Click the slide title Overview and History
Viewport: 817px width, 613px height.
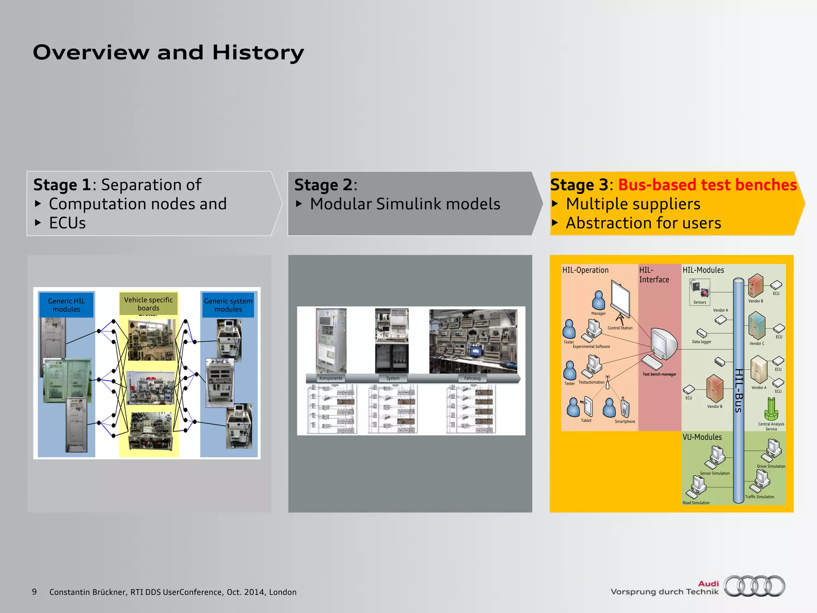click(x=168, y=52)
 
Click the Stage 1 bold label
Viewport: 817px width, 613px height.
click(x=62, y=185)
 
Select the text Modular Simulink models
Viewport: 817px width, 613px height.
click(x=405, y=204)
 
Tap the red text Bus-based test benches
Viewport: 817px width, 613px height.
click(x=707, y=185)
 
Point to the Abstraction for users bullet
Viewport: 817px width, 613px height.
click(x=643, y=223)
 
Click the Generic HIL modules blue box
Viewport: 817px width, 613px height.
click(x=67, y=305)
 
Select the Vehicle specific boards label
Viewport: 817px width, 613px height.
click(x=148, y=304)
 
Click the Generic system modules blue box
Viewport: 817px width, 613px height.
click(x=228, y=305)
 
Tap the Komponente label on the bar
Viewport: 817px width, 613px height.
click(x=331, y=378)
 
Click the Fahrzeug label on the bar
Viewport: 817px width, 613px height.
click(x=472, y=378)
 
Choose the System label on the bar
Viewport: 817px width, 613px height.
click(x=393, y=378)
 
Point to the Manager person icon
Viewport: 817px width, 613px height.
click(x=598, y=300)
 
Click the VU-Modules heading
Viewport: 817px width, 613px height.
click(x=702, y=437)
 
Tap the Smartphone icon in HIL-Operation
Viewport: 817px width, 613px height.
click(x=625, y=408)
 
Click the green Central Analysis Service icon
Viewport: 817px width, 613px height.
click(x=771, y=409)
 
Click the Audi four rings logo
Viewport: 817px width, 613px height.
click(x=754, y=586)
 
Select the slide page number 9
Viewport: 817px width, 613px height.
click(x=34, y=592)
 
